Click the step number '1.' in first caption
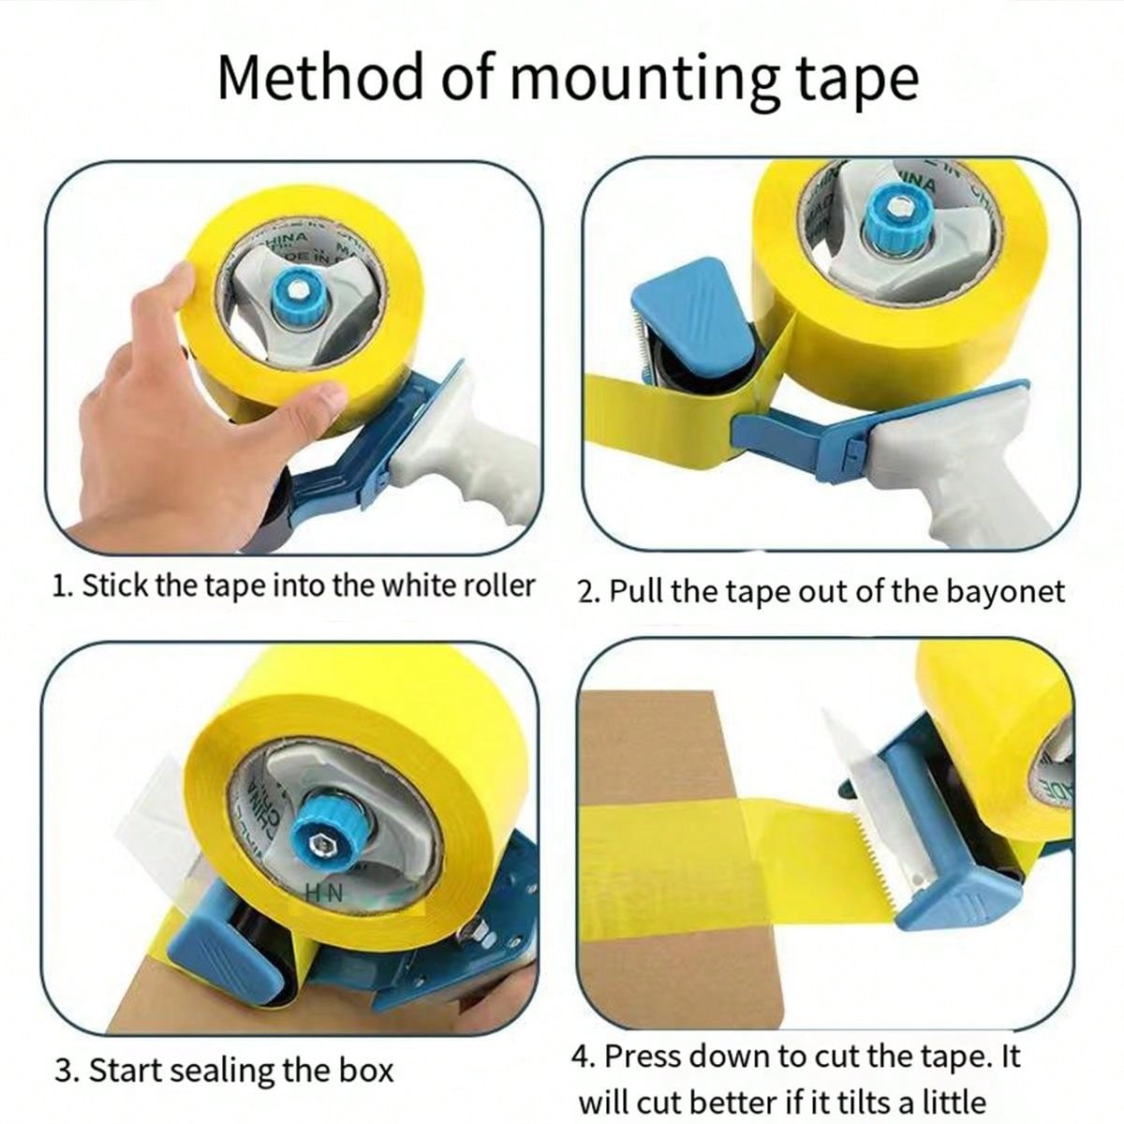coord(62,586)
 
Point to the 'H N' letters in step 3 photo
coord(323,895)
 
